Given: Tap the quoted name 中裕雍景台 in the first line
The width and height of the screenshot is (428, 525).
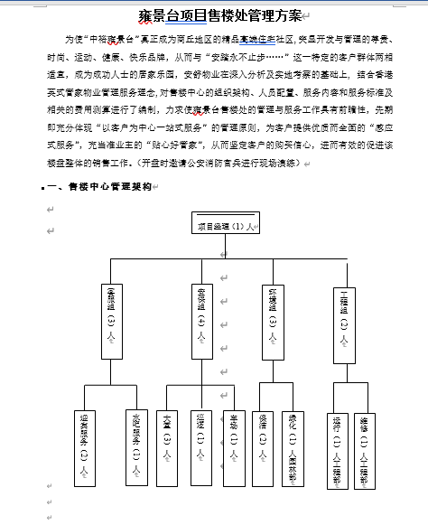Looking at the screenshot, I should point(113,40).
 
